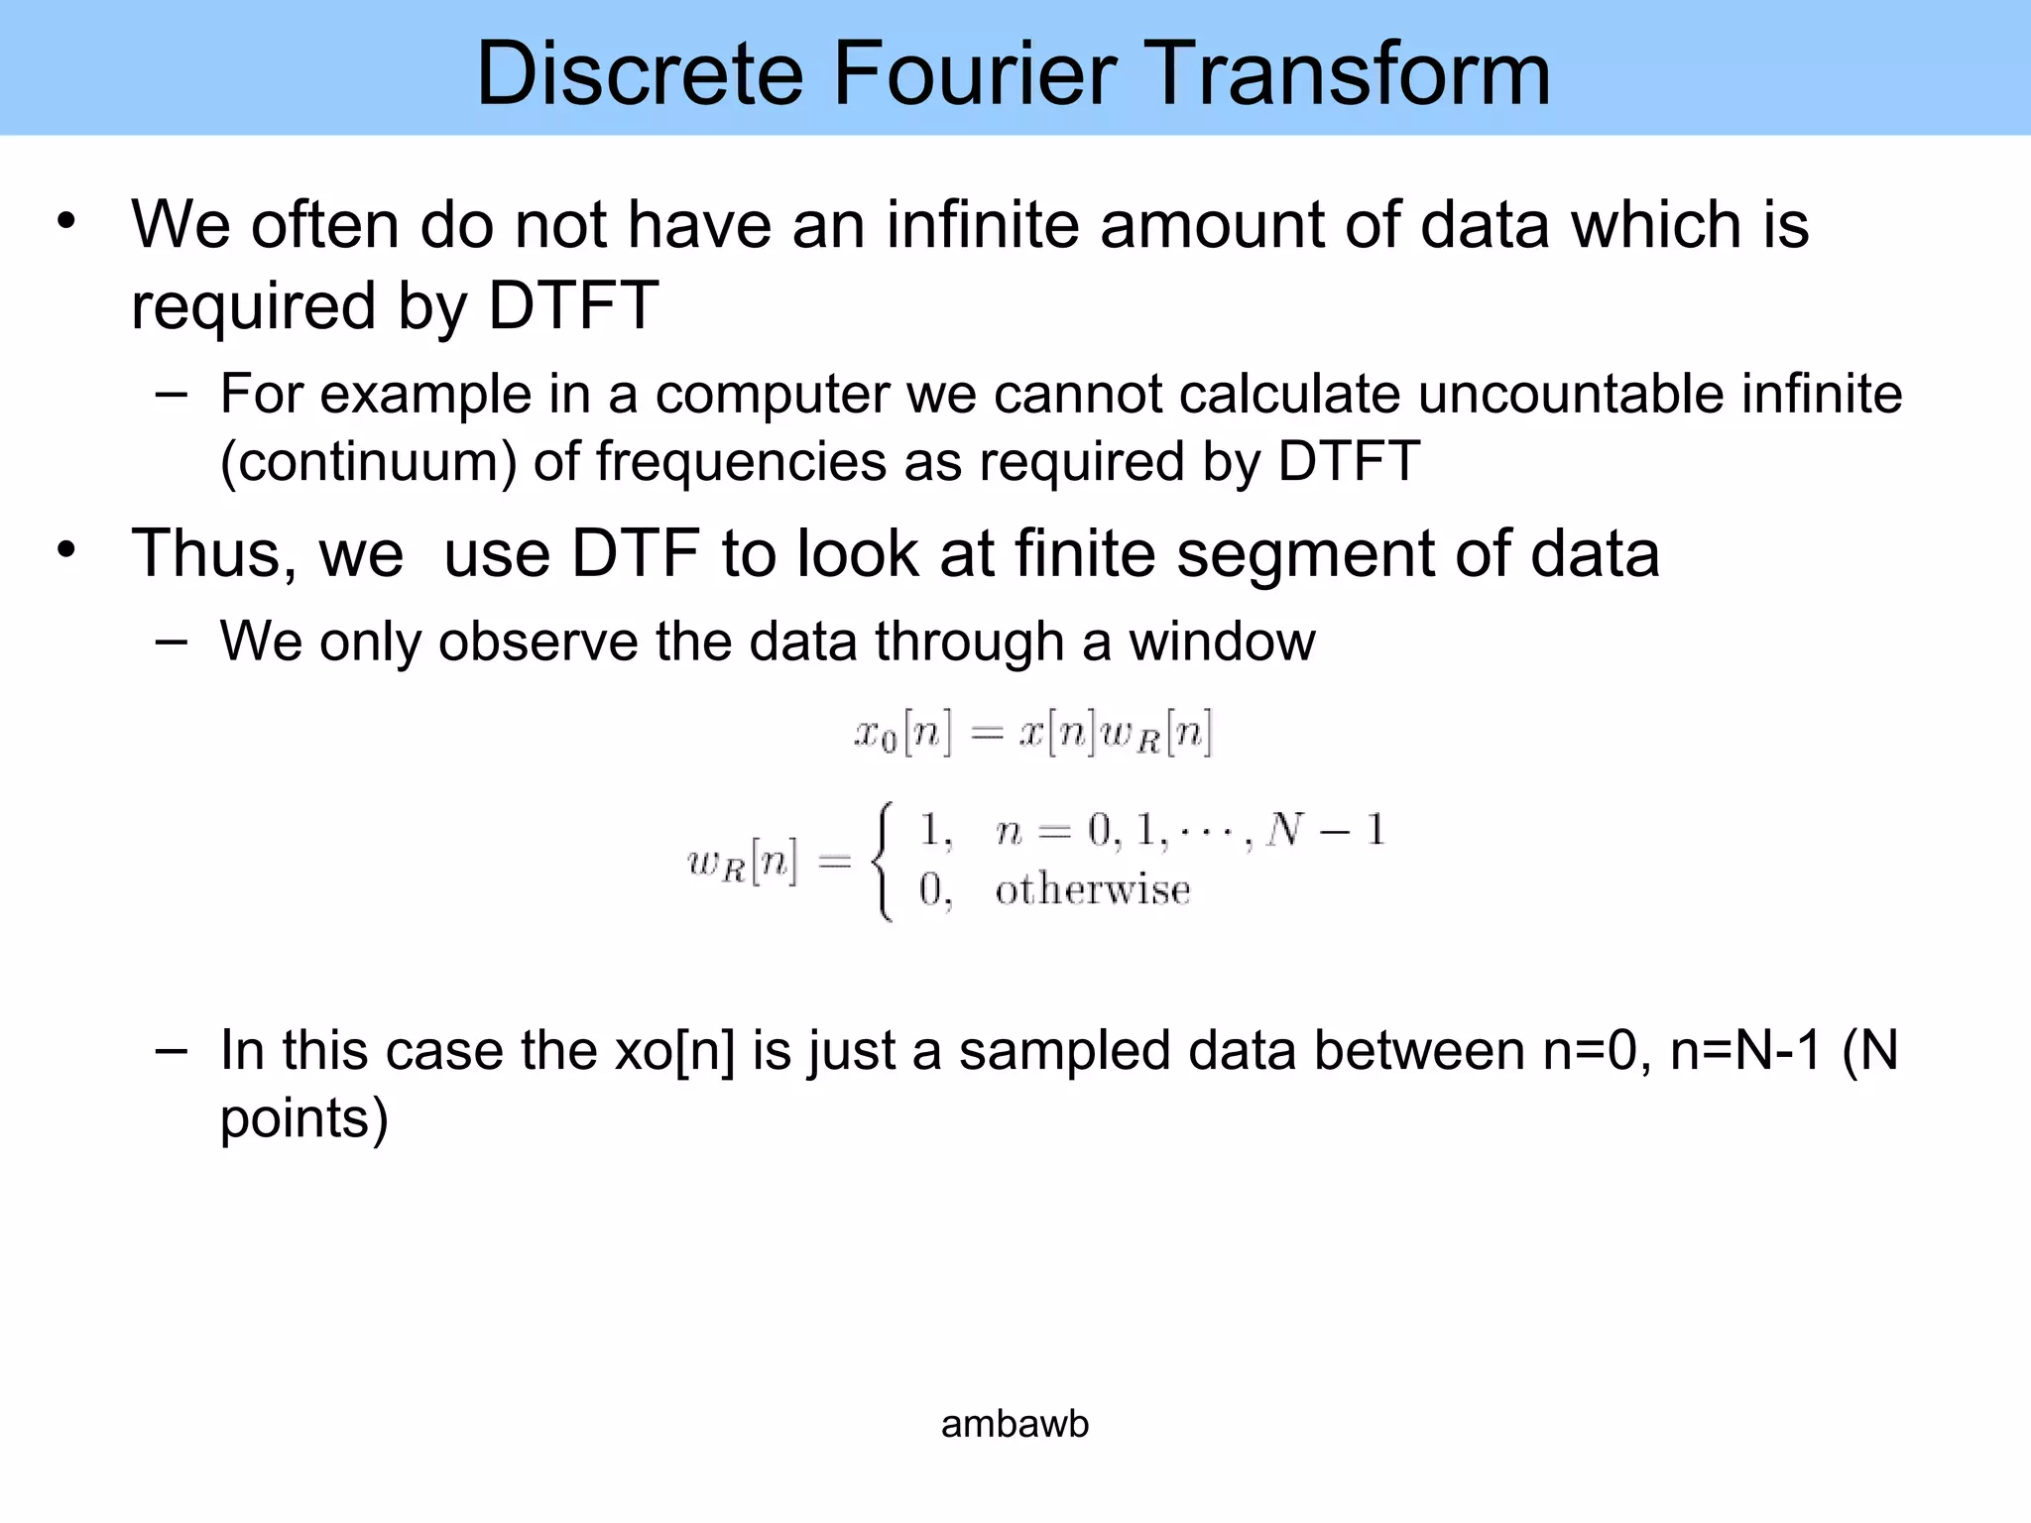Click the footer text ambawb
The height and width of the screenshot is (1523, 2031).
point(1015,1424)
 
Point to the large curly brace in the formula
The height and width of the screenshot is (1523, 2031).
point(883,861)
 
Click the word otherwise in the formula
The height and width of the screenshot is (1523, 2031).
point(1092,889)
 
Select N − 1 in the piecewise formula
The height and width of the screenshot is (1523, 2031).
point(1325,829)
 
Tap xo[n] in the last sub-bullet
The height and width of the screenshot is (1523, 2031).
point(674,1050)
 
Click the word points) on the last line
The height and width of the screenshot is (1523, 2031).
point(303,1118)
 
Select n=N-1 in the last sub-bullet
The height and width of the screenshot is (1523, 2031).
point(1745,1050)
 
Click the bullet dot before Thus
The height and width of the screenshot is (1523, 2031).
point(66,549)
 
